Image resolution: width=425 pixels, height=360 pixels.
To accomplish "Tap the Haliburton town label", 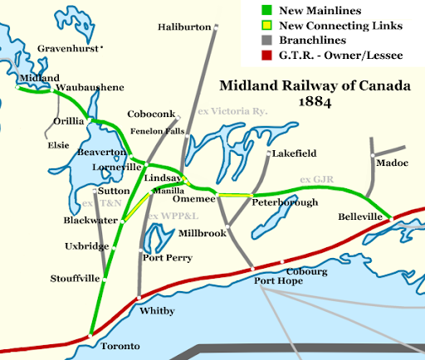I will coord(185,28).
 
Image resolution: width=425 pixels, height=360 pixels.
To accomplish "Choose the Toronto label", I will coord(117,345).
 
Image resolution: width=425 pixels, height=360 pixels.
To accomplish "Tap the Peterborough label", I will coord(286,202).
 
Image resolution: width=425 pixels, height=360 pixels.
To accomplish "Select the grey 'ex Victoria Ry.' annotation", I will coord(233,110).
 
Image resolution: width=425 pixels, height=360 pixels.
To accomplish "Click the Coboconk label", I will coord(153,114).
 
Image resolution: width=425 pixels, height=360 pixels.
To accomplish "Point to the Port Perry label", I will coord(164,257).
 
